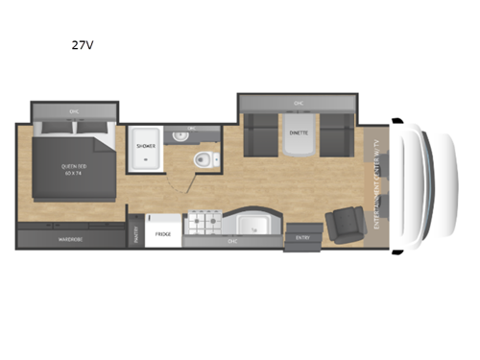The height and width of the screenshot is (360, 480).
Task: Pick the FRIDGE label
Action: (162, 232)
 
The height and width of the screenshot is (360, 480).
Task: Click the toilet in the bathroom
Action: (203, 159)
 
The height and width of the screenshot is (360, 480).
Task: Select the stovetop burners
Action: (203, 225)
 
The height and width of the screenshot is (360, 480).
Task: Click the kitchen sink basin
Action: (252, 227)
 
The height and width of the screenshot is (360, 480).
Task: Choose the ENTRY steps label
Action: (302, 237)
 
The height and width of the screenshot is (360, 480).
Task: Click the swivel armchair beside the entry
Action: (341, 228)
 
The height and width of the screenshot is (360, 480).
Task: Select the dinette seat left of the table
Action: (259, 134)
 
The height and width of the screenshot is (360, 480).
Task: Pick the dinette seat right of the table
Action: (337, 134)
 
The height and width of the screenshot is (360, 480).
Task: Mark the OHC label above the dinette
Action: (298, 102)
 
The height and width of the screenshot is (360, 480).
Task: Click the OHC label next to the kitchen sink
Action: (232, 242)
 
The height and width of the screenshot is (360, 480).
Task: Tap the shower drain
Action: (146, 160)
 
